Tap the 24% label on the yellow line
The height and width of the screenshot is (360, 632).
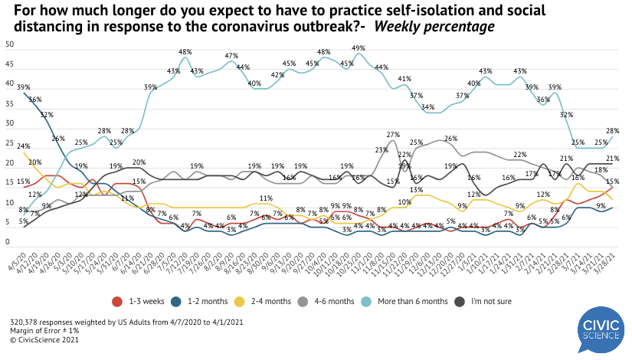coord(24,146)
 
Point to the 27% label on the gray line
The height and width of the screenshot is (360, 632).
coord(394,134)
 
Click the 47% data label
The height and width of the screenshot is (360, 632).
coord(231,54)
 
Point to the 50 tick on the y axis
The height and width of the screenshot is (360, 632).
coord(9,44)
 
